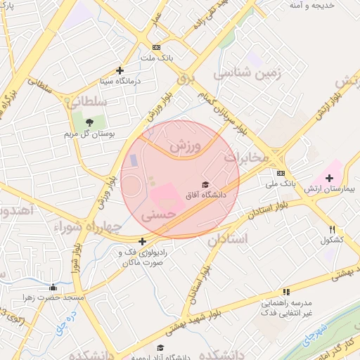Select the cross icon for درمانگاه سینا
tap(120, 70)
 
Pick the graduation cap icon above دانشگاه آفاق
tap(205, 185)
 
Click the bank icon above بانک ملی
tap(281, 173)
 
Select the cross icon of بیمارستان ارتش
tap(329, 178)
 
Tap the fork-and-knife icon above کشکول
tap(332, 229)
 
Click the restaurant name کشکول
tap(332, 240)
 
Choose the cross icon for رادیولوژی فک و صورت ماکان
tap(142, 241)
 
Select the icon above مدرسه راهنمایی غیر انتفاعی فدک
tap(286, 292)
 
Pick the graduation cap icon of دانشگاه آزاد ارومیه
tap(160, 347)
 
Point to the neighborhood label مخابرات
tap(247, 157)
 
